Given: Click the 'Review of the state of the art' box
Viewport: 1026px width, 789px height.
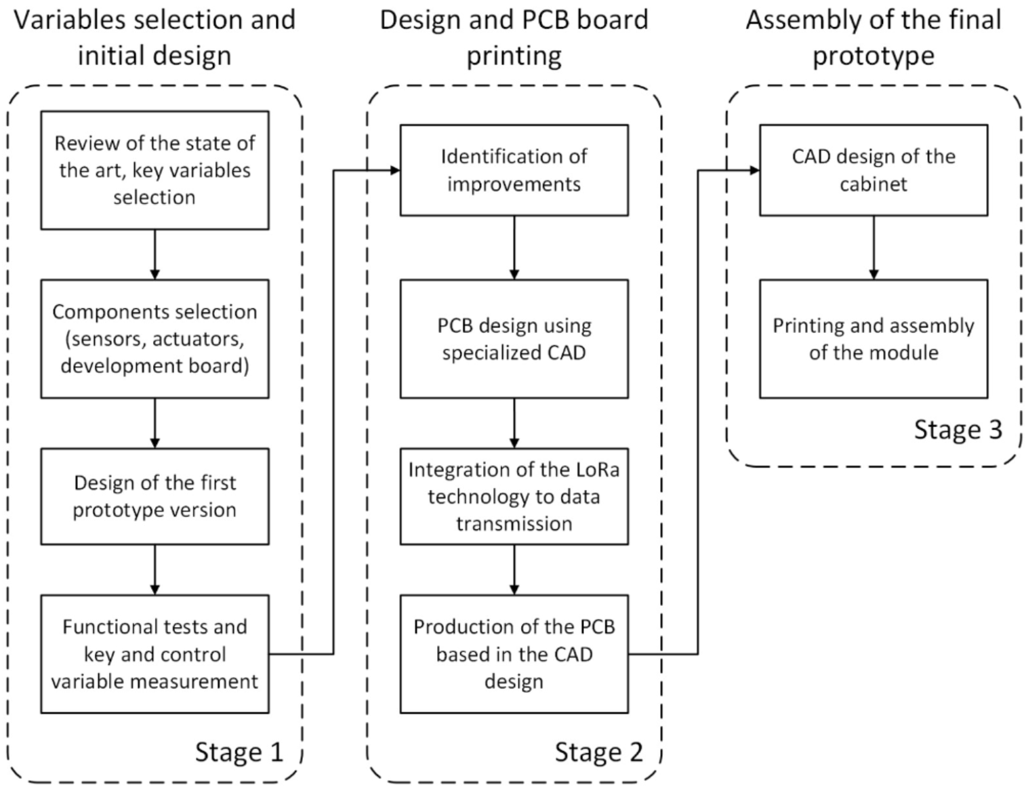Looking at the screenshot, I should (155, 170).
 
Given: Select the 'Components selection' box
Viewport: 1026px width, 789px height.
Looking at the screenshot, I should (155, 338).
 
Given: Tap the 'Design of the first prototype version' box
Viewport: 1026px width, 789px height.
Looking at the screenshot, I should (155, 496).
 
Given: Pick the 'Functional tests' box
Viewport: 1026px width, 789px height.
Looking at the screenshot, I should (155, 653).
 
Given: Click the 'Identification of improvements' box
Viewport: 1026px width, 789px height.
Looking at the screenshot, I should (514, 170).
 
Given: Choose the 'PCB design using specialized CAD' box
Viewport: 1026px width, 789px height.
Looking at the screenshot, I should (514, 338).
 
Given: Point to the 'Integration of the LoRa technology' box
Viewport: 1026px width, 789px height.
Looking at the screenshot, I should (514, 496).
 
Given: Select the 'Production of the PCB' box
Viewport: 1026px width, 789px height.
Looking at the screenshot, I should (514, 653).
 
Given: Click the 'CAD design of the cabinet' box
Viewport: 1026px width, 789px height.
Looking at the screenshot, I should (873, 170).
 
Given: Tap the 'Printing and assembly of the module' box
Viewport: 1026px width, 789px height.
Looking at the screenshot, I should (873, 338).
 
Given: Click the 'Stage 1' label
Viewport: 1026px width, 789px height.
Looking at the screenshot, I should (239, 752).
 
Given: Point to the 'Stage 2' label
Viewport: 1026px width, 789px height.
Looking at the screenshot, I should (598, 752).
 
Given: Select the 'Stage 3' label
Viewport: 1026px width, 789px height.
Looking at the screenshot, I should (958, 429).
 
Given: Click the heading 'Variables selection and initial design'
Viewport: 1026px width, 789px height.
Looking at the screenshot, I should (155, 37).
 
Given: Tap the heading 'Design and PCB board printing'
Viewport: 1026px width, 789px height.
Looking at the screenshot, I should (514, 37).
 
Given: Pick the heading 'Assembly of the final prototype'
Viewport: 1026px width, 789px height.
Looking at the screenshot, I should (873, 37).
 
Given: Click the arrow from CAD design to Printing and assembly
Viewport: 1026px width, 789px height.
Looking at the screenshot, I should (874, 247).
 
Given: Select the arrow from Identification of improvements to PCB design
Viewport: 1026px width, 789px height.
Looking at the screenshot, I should (514, 247).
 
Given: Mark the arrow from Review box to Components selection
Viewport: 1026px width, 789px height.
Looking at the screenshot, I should (155, 254).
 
